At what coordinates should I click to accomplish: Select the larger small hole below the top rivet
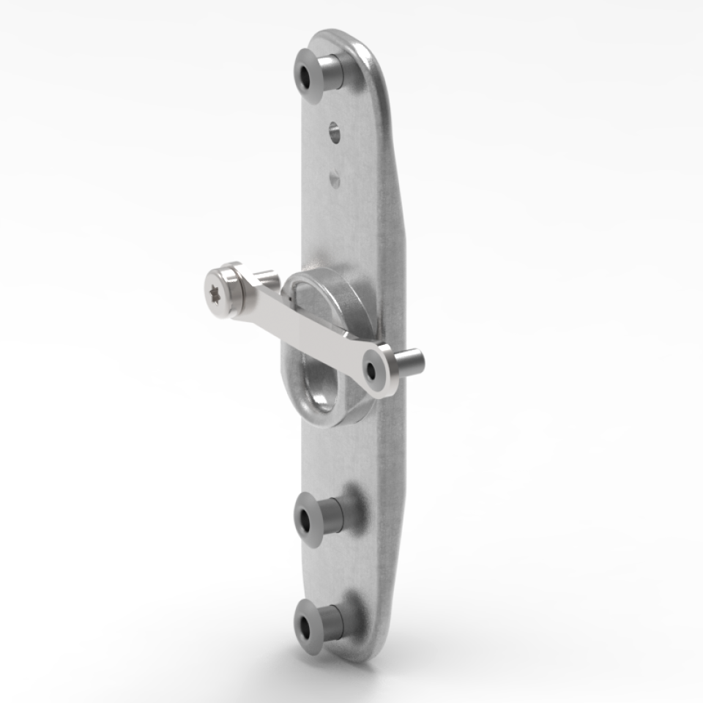tap(334, 132)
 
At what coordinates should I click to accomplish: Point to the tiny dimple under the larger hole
tap(335, 177)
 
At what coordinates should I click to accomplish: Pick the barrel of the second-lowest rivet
tap(331, 516)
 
